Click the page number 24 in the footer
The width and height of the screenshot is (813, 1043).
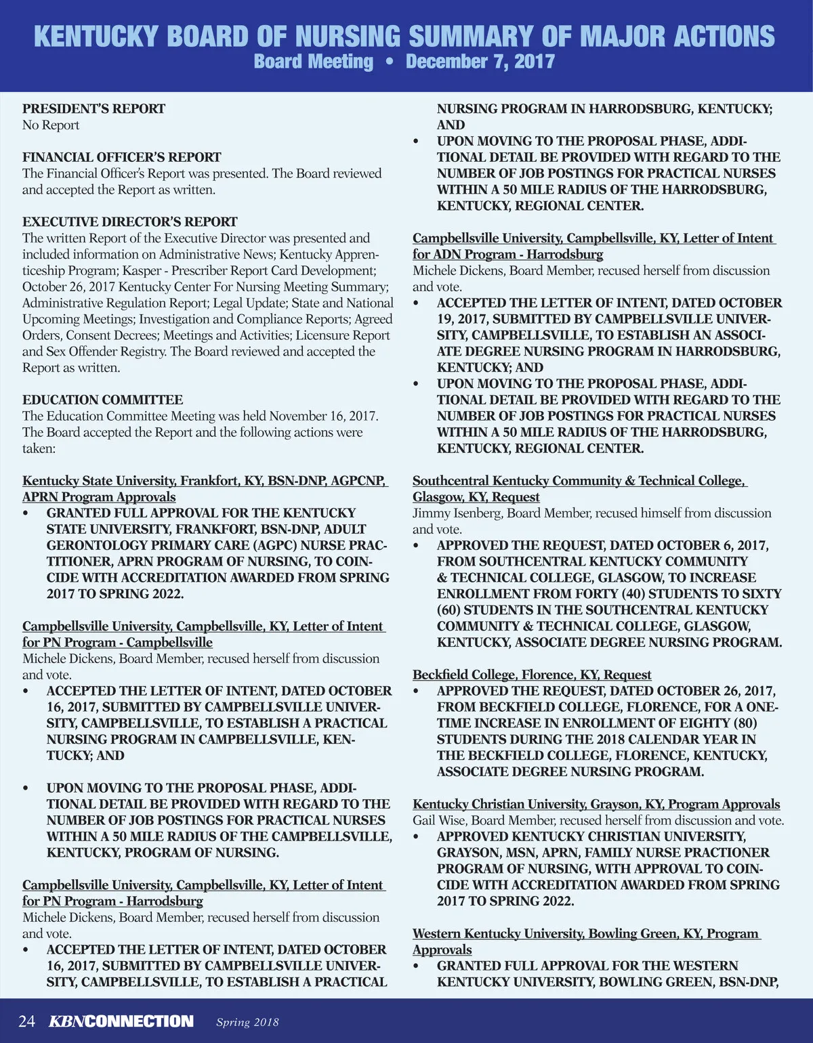[x=26, y=1021]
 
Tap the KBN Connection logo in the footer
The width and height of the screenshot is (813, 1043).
[x=121, y=1021]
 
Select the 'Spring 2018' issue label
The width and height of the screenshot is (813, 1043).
[x=247, y=1022]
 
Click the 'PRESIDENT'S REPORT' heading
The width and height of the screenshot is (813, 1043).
[x=93, y=109]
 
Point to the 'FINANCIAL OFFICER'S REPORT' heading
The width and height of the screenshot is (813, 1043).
[x=122, y=157]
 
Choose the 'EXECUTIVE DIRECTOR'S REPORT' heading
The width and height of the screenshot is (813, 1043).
[x=130, y=222]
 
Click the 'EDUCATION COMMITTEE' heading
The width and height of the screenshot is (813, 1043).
[x=103, y=400]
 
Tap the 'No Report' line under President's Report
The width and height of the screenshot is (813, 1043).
[x=51, y=125]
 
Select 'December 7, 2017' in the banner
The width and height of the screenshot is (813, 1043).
[x=480, y=62]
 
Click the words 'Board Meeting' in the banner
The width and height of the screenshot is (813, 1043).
[x=313, y=62]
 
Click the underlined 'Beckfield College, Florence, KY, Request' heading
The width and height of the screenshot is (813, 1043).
[x=532, y=675]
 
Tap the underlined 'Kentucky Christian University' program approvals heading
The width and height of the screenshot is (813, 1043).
[x=596, y=804]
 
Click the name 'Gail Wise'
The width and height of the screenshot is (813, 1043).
[x=439, y=821]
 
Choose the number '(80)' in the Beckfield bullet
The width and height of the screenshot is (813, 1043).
[x=745, y=723]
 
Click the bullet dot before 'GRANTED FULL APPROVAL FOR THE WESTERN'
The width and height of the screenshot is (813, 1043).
[x=417, y=966]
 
